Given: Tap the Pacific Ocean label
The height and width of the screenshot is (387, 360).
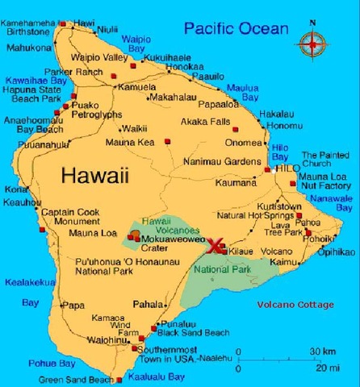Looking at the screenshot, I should [235, 29].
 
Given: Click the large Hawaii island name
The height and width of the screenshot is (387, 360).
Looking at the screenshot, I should [94, 174].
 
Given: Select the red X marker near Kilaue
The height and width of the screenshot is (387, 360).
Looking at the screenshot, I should [215, 246].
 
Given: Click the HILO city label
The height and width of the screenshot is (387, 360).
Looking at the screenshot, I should [287, 170].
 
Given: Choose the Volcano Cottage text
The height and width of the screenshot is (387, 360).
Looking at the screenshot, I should [295, 305].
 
